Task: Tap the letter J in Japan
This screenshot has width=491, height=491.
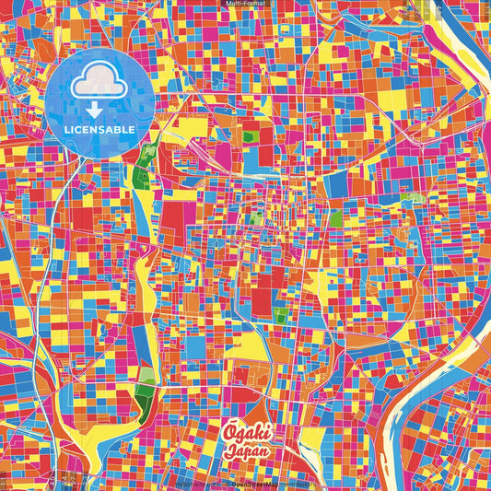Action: pyautogui.click(x=228, y=450)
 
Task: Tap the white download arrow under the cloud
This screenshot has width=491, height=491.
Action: pyautogui.click(x=96, y=111)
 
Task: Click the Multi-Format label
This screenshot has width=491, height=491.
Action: pyautogui.click(x=245, y=4)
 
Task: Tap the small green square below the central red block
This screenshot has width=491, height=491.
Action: pyautogui.click(x=280, y=315)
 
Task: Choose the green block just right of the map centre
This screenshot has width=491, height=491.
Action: pyautogui.click(x=336, y=218)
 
